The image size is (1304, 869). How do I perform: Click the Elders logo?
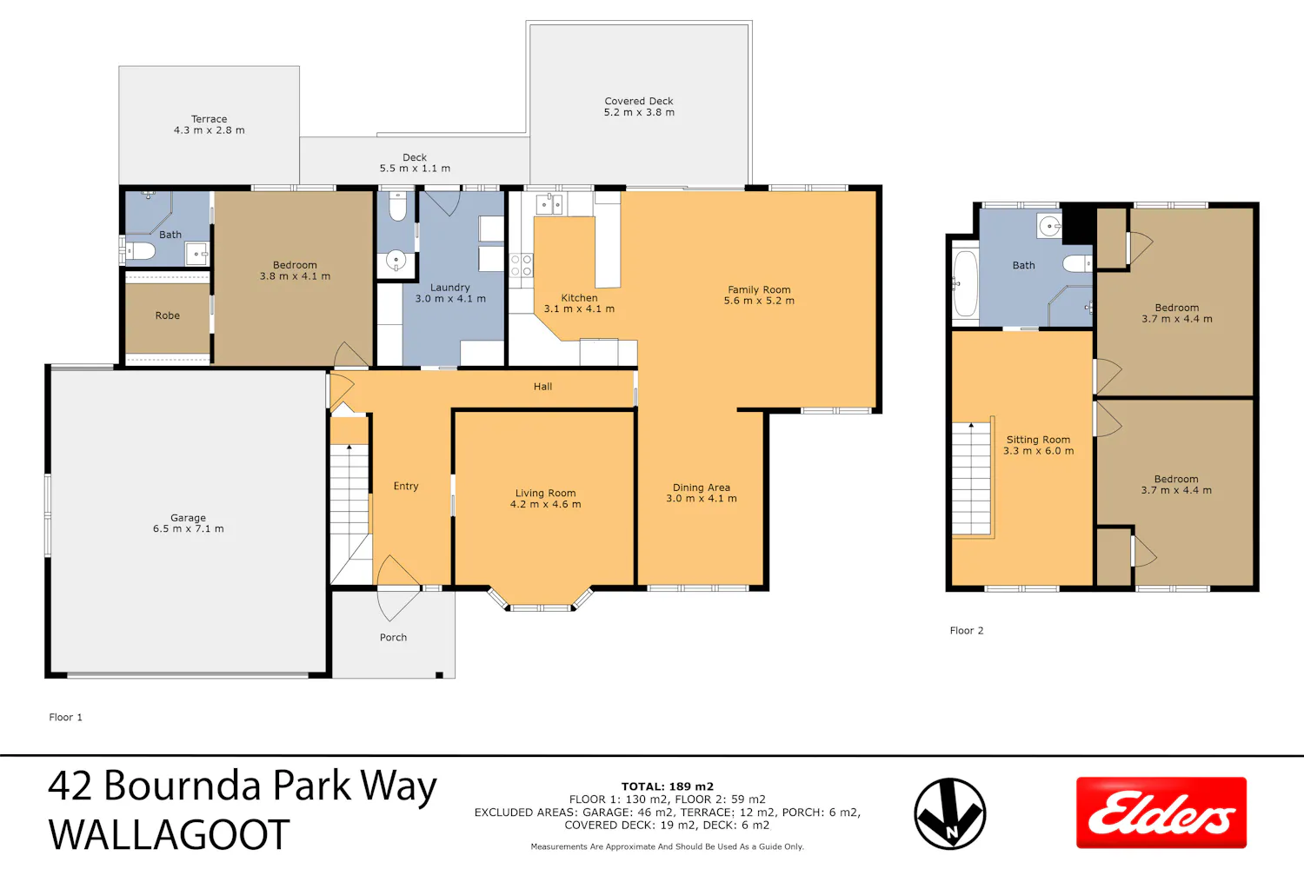point(1161,813)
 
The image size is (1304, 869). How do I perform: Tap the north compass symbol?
point(949,813)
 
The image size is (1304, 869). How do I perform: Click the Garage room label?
point(188,517)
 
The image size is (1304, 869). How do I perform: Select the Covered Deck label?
point(639,102)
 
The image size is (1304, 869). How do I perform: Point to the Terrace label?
point(209,119)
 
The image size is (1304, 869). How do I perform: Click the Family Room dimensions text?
point(759,301)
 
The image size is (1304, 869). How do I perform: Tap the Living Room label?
point(545,493)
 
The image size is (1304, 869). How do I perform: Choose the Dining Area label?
point(702,488)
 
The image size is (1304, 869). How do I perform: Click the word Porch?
point(394,637)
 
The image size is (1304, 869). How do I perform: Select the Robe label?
point(168,315)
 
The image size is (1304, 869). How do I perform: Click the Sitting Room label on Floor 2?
point(1039,440)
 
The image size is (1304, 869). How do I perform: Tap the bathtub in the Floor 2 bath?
point(965,284)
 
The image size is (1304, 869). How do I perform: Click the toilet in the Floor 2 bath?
point(1078,263)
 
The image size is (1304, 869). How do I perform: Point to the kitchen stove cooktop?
point(521,265)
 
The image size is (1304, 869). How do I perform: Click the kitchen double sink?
point(549,204)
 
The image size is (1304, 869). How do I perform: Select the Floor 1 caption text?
point(66,717)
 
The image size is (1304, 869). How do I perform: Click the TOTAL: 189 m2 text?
point(667,787)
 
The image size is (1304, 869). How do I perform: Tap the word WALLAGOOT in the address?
point(169,834)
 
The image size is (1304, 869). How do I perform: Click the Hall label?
point(543,387)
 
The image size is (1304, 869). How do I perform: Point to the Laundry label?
point(450,288)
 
